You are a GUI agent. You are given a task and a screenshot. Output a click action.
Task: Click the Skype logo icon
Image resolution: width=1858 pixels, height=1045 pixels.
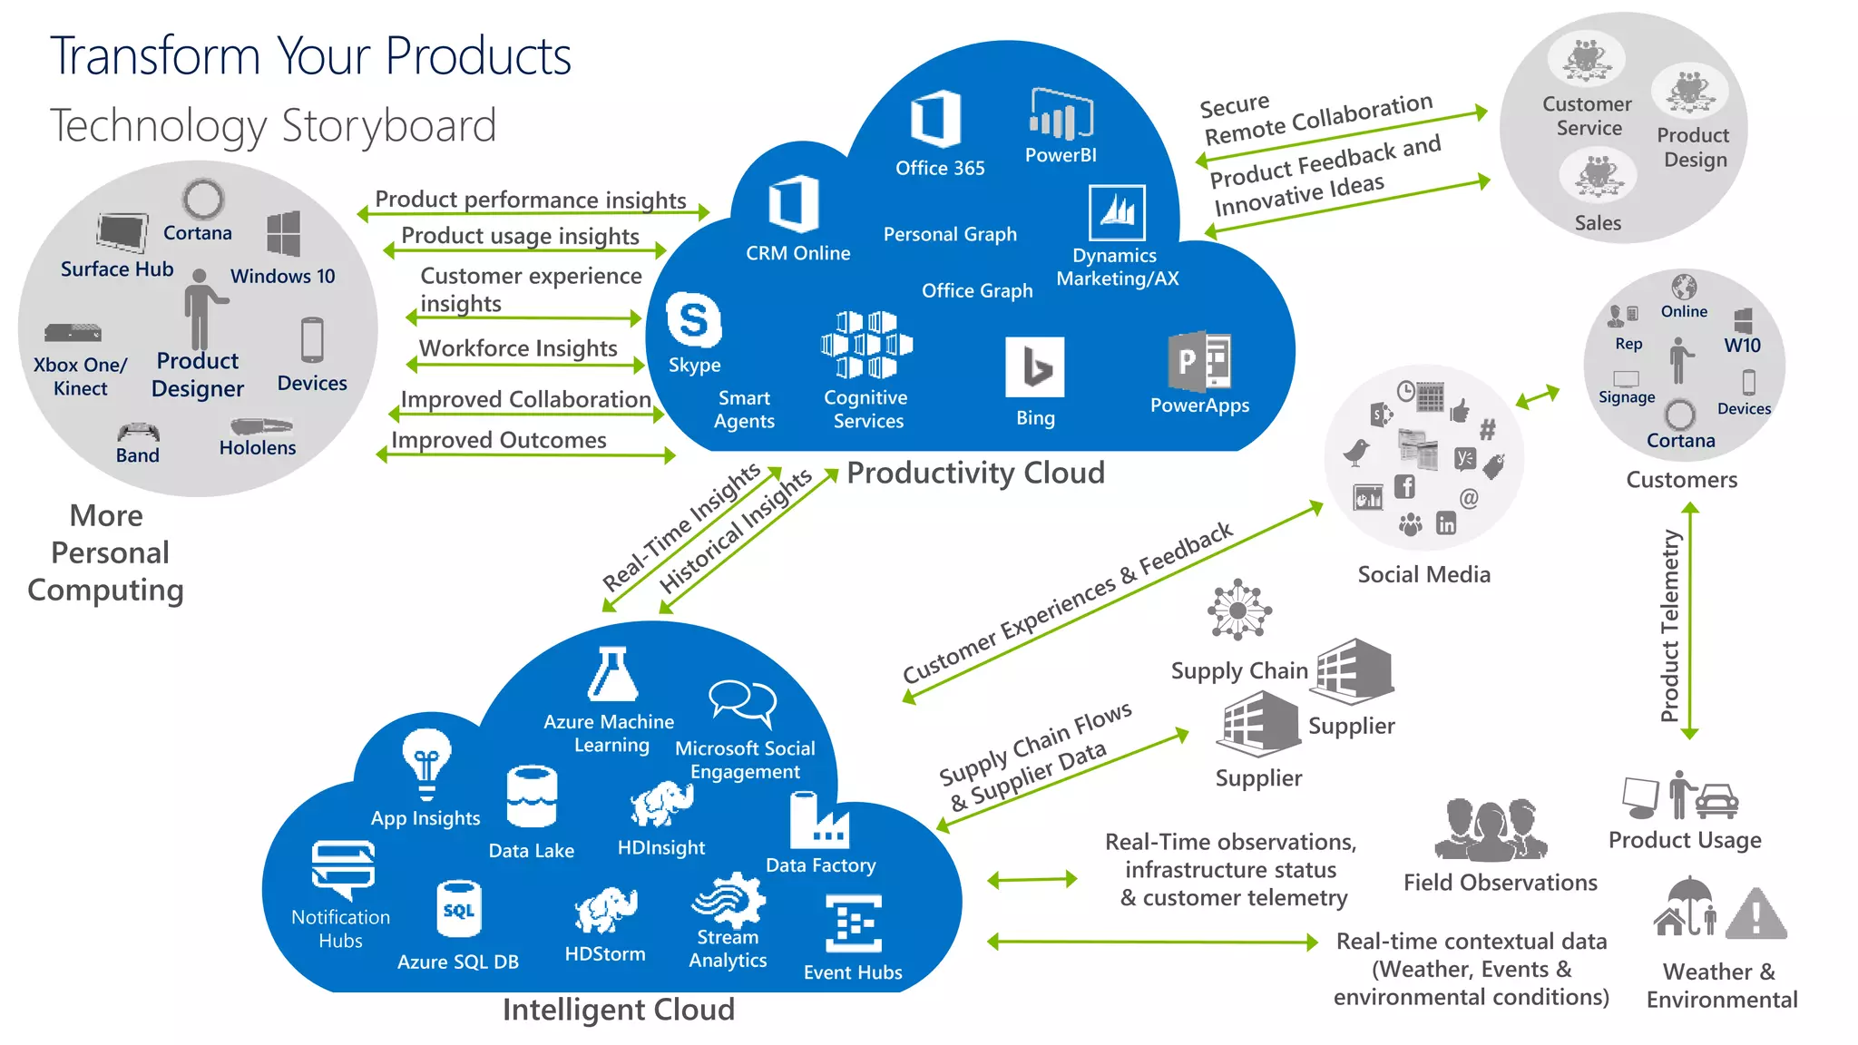coord(694,320)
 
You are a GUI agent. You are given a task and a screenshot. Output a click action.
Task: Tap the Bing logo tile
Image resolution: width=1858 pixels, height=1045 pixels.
coord(1034,366)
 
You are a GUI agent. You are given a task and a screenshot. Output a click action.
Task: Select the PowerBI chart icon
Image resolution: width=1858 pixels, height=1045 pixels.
coord(1061,114)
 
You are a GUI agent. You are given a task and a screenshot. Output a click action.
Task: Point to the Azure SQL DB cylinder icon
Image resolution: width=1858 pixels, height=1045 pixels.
coord(459,908)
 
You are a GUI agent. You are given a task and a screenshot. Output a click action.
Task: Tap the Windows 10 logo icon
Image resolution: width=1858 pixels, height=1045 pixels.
coord(284,234)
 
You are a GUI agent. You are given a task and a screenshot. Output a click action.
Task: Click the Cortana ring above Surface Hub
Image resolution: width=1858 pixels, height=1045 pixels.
coord(203,199)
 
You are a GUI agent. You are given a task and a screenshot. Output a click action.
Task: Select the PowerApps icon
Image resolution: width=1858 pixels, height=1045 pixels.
coord(1199,361)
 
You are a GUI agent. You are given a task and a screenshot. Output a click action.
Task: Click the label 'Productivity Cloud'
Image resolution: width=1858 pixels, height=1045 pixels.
coord(975,473)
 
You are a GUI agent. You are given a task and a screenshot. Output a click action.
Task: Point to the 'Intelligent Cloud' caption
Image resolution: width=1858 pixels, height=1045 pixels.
coord(619,1010)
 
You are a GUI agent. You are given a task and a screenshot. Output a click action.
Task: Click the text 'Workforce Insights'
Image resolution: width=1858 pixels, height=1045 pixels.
coord(518,348)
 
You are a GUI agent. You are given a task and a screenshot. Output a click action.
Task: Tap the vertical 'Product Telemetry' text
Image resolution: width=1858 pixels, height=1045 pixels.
coord(1669,626)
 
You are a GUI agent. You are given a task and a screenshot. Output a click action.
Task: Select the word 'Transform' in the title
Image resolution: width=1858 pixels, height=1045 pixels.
coord(154,56)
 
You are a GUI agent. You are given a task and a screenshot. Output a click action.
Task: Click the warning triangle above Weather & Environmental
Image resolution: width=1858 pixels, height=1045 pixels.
coord(1755,913)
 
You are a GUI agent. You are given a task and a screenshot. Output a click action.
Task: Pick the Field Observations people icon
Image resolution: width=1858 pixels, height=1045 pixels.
coord(1490,829)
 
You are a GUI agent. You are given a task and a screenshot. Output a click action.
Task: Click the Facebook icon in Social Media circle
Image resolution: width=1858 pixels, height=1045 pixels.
coord(1404,487)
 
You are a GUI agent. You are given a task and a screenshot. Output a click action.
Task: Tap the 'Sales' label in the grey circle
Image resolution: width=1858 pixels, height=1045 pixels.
coord(1598,223)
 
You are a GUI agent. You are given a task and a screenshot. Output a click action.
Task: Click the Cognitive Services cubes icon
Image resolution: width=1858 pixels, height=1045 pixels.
coord(866,344)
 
